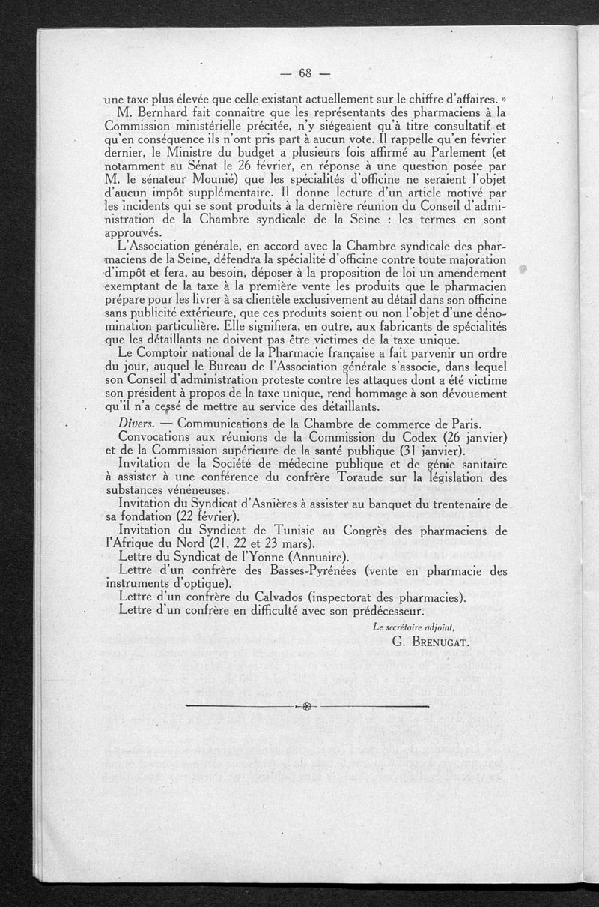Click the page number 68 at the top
(304, 73)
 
